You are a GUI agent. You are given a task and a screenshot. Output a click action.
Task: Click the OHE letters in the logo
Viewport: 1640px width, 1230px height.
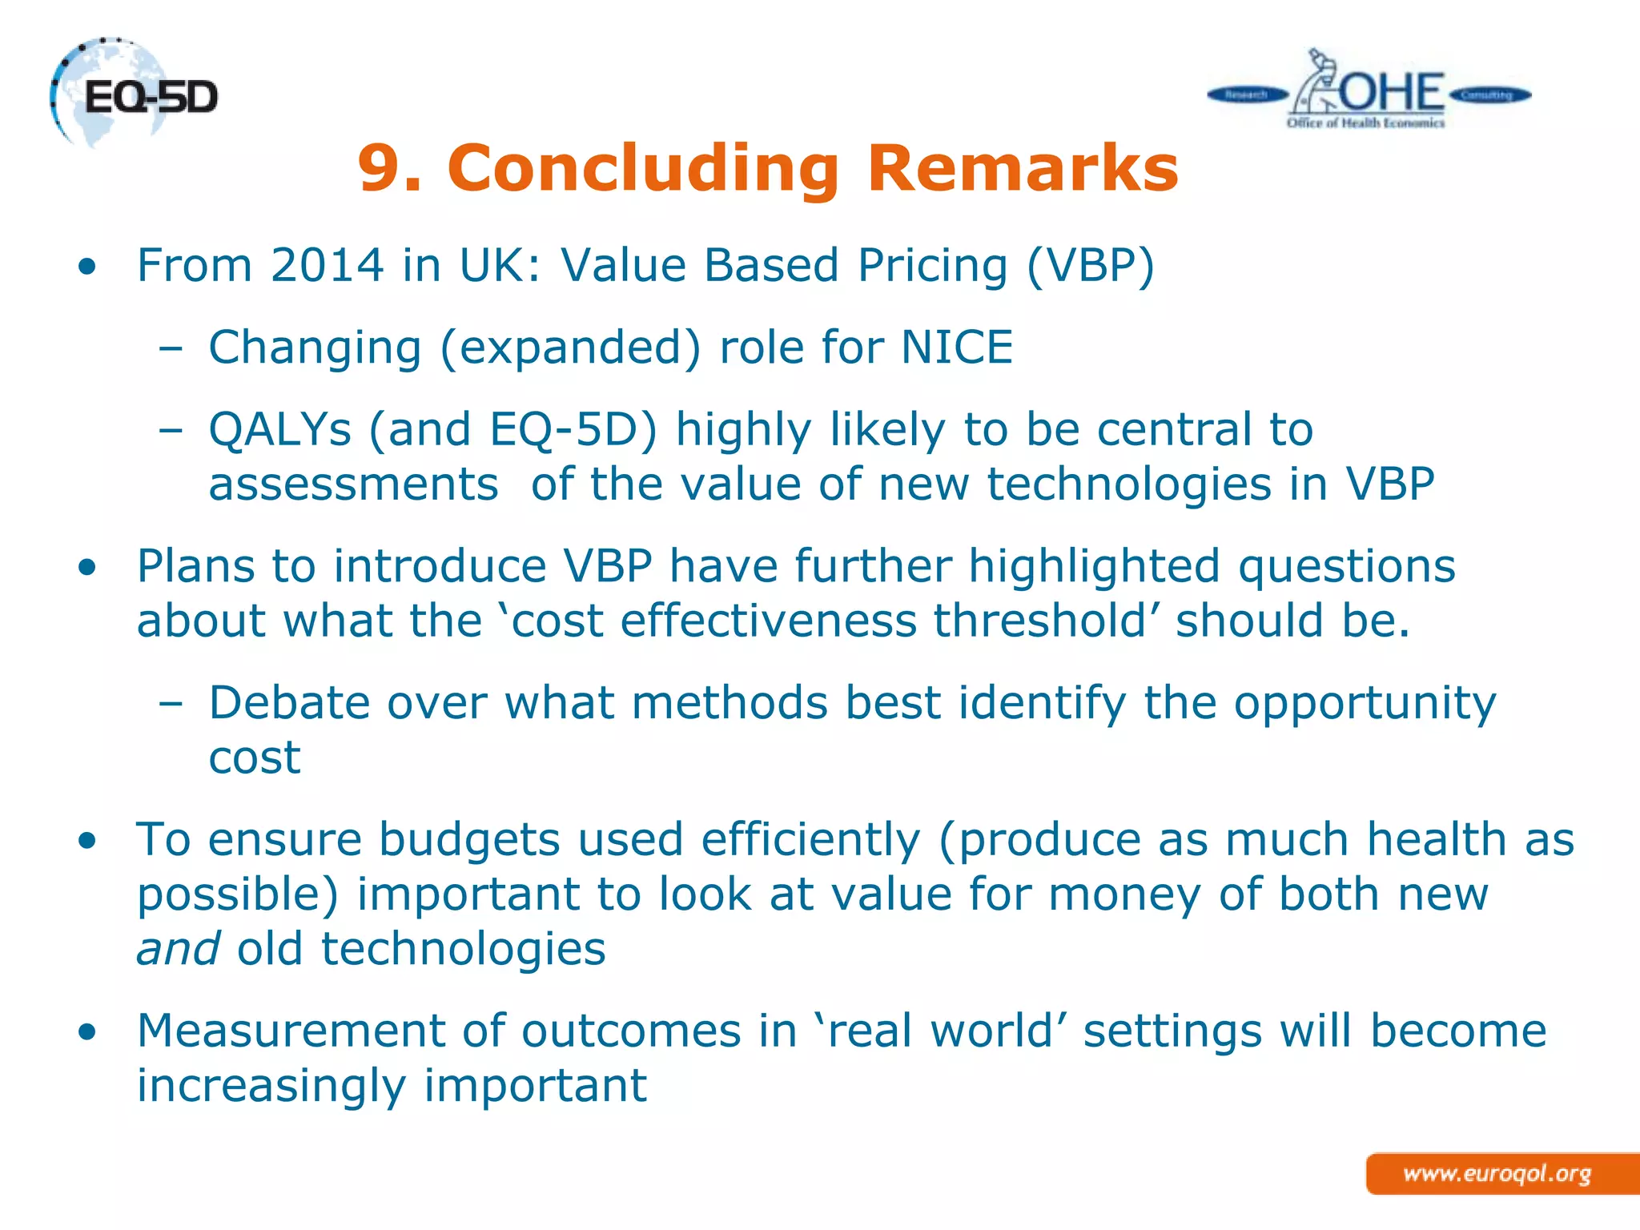coord(1392,93)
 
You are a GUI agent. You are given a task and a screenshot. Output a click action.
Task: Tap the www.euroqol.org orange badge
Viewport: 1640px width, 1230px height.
coord(1497,1174)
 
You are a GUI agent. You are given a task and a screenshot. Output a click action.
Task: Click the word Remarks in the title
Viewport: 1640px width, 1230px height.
coord(1023,168)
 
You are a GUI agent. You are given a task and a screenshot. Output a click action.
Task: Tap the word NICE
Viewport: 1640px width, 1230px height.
coord(957,348)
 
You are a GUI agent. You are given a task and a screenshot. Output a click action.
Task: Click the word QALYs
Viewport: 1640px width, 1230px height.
coord(279,430)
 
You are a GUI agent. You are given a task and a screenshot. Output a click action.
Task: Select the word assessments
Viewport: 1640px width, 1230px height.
coord(353,484)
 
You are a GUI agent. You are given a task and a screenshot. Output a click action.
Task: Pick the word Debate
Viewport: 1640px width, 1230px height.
coord(289,703)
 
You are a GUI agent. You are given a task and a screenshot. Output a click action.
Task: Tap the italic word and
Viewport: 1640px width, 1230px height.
coord(178,949)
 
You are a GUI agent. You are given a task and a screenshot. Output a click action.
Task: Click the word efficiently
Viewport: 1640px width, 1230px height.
coord(810,840)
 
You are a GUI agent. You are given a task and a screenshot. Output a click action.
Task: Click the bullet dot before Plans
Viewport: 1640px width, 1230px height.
coord(87,568)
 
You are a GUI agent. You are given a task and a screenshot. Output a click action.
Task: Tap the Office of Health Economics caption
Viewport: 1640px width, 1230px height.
coord(1365,123)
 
